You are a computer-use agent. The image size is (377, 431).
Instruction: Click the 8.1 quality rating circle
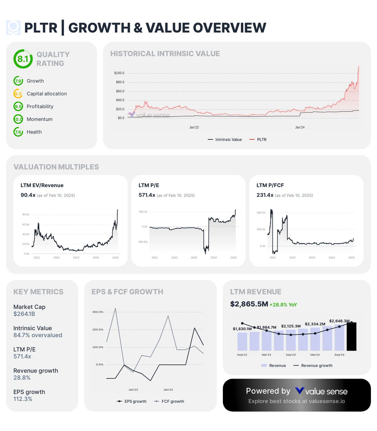pos(23,59)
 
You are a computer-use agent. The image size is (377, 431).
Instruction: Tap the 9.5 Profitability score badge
pos(18,106)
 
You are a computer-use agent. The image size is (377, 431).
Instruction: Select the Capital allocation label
pos(47,94)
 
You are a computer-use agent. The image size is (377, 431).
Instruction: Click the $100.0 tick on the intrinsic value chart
pos(119,73)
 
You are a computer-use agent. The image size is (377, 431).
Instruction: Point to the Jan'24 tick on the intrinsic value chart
pos(300,128)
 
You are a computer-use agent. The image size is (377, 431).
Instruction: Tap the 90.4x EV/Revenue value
pos(28,195)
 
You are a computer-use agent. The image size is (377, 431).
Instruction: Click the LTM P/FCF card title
pos(270,185)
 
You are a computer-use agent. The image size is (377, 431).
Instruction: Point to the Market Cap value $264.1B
pos(24,314)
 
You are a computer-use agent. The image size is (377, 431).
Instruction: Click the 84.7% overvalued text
pos(38,335)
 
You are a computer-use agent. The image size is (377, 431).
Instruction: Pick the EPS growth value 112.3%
pos(23,399)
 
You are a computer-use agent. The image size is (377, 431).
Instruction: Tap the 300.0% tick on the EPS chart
pos(98,312)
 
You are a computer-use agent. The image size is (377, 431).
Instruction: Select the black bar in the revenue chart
pos(351,337)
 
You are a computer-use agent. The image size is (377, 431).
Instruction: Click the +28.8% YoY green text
pos(283,305)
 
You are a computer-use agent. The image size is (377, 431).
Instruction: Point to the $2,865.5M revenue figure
pos(249,304)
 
